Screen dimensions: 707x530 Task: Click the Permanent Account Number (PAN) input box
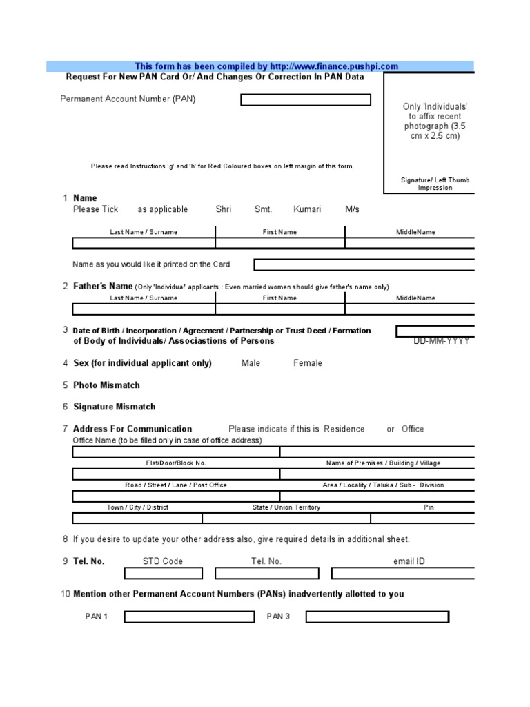click(305, 100)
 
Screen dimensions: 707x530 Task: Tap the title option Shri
click(224, 209)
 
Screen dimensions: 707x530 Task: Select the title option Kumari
click(307, 209)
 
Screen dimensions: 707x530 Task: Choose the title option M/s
click(352, 209)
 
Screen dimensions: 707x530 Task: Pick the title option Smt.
click(263, 209)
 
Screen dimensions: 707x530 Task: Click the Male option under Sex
click(251, 363)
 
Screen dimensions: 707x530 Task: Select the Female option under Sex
click(308, 363)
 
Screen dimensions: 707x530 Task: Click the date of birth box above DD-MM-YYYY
click(435, 331)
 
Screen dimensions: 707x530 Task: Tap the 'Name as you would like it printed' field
click(364, 265)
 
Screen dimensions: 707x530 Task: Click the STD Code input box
click(163, 574)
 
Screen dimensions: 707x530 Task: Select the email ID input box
click(403, 574)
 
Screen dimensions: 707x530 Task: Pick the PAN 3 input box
click(377, 617)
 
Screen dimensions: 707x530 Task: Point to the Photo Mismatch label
click(106, 385)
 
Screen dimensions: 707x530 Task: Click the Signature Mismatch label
click(115, 407)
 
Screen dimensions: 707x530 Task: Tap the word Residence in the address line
click(344, 429)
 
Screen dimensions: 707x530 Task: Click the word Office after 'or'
click(413, 429)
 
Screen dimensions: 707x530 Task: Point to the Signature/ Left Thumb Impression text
click(435, 184)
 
